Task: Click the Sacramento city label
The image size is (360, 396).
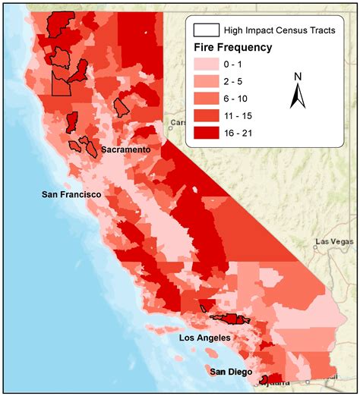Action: click(x=125, y=150)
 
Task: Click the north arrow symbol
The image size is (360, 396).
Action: click(x=298, y=98)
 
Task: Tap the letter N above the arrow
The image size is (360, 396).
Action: click(x=298, y=76)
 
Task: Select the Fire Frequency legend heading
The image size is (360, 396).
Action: click(x=232, y=48)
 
